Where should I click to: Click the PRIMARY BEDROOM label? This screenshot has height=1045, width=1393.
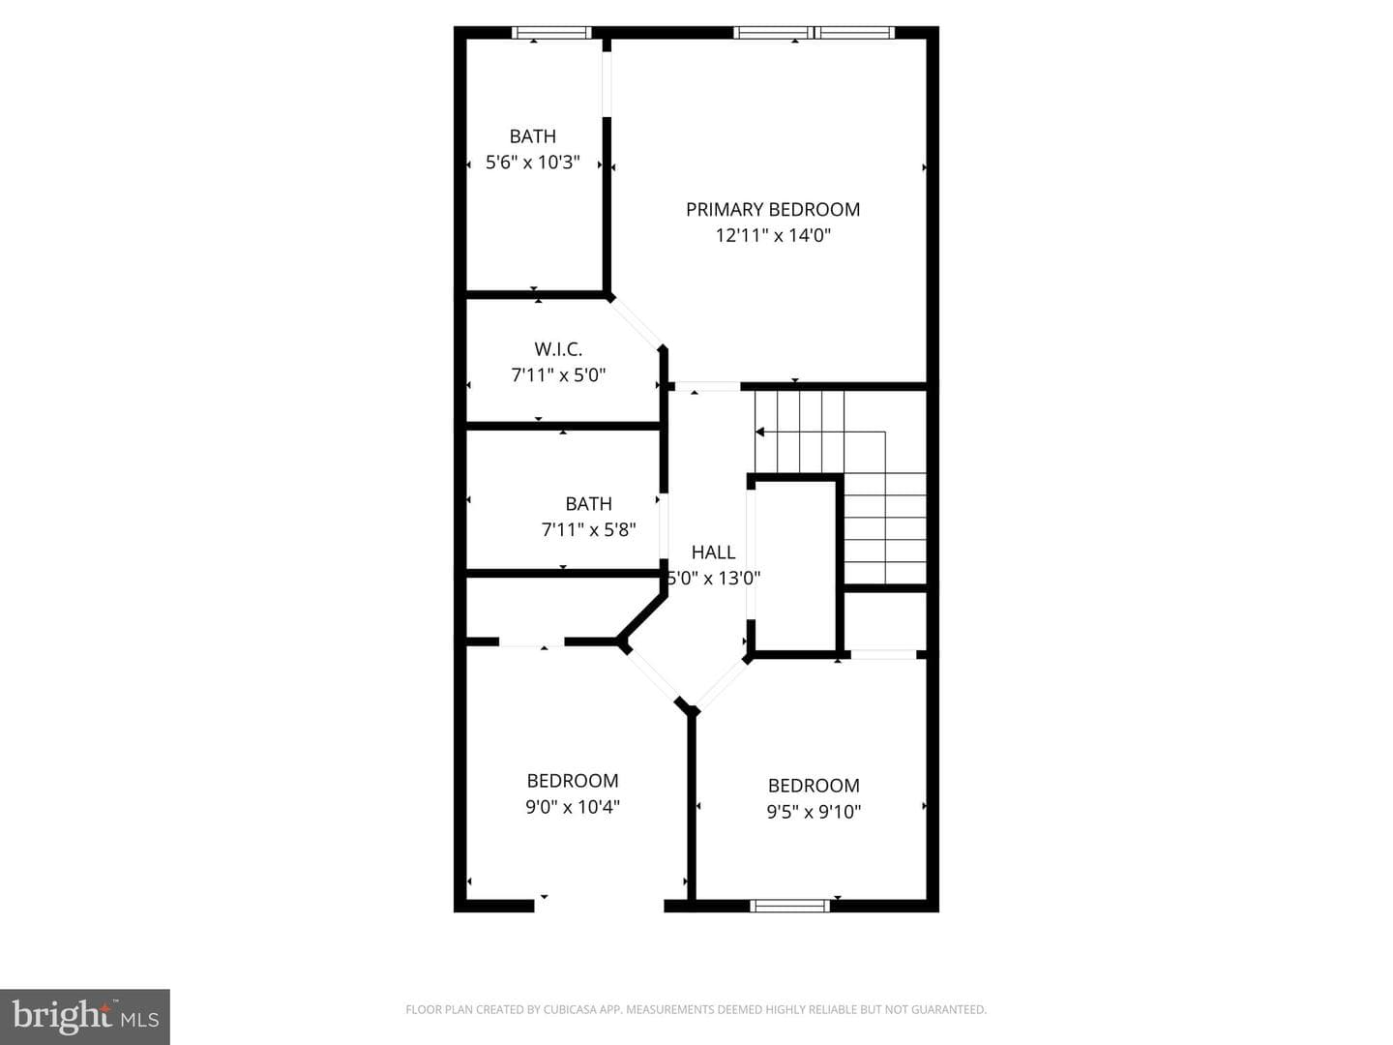click(772, 209)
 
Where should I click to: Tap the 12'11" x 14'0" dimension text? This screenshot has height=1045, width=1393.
click(772, 235)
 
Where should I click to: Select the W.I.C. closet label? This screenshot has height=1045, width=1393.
click(558, 349)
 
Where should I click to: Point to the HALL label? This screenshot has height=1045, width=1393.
click(713, 552)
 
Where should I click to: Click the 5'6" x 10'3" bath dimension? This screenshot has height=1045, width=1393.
click(532, 163)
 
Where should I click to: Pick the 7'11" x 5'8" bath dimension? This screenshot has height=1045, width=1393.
click(588, 530)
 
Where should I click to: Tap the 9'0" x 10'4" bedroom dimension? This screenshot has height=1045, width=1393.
click(573, 806)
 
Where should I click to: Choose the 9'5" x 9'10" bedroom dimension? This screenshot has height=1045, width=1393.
click(814, 812)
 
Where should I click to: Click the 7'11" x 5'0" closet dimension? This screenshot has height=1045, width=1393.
click(558, 375)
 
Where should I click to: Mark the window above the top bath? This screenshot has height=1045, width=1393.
click(551, 33)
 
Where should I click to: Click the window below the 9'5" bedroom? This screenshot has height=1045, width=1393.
click(789, 906)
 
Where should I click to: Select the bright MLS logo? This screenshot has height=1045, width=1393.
click(85, 1016)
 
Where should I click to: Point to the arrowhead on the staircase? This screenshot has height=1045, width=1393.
click(759, 433)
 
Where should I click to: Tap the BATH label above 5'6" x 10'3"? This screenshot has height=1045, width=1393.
click(532, 136)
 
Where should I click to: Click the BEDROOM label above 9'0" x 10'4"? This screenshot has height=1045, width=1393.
click(573, 781)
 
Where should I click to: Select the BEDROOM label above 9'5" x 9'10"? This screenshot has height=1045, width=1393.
click(814, 786)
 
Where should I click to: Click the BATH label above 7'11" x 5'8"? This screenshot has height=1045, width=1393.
click(588, 504)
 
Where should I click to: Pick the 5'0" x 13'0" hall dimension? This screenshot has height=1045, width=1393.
click(713, 578)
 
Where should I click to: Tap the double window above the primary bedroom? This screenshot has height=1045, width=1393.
click(815, 33)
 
